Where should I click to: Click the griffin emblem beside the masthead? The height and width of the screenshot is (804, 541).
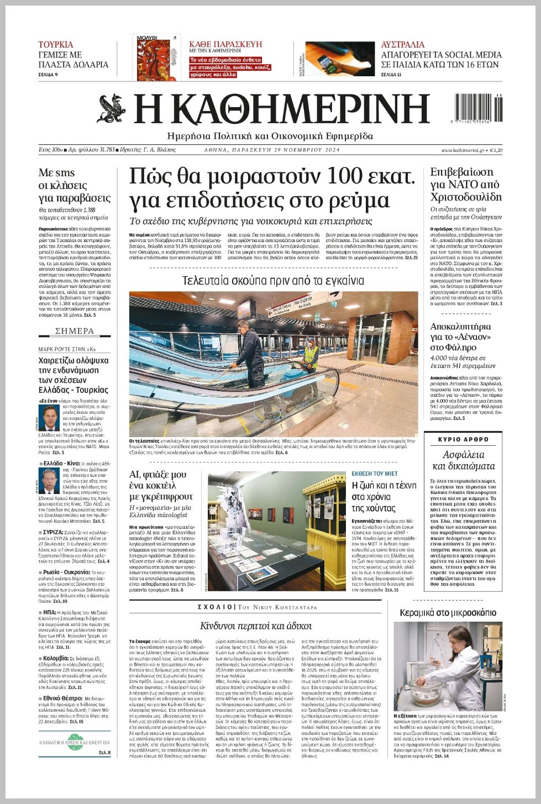pos(112,109)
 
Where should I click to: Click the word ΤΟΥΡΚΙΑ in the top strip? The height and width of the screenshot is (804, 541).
pos(55,45)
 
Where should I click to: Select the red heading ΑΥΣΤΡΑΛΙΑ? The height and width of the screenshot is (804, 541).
pos(403,45)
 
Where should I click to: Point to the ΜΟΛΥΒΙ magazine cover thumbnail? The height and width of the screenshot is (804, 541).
pos(156,57)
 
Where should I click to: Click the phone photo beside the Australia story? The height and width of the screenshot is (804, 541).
pos(339,59)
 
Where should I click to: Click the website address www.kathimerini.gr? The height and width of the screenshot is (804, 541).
pos(463,150)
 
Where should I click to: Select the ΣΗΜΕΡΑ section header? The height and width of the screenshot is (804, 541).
pos(75,331)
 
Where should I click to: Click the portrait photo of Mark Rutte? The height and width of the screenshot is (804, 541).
pos(48,418)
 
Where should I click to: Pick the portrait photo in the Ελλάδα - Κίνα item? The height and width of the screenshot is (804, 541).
pos(48,480)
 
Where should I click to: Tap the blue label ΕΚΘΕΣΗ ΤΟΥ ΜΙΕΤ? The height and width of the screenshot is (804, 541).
pos(375,474)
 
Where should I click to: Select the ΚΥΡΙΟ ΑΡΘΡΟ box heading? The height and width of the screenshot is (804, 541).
pos(463,439)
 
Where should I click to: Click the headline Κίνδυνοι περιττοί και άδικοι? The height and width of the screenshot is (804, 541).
pos(255,626)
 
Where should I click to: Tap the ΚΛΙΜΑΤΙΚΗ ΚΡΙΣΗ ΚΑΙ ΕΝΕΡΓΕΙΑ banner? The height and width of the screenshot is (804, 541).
pos(75,742)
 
